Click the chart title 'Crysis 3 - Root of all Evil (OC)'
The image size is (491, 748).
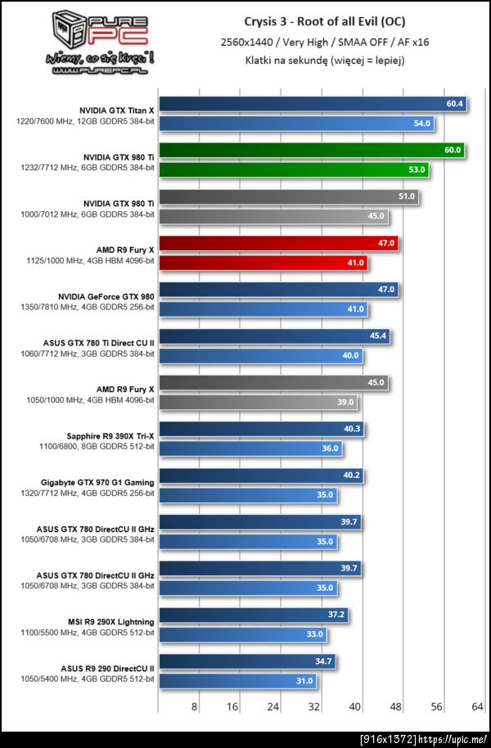coord(324,21)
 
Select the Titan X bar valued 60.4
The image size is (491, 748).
coord(311,104)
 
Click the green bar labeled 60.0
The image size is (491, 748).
coord(311,150)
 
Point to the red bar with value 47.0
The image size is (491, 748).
coord(278,243)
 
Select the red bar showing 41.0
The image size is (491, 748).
coord(262,263)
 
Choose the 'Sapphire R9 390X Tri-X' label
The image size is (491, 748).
coord(110,436)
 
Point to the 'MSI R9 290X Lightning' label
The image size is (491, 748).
coord(111,623)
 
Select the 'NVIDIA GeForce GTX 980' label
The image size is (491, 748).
coord(106,296)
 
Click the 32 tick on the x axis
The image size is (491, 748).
coord(313,706)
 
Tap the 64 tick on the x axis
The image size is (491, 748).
coord(475,706)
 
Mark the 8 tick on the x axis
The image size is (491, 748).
coord(194,706)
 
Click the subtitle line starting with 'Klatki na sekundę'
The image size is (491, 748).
coord(324,60)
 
